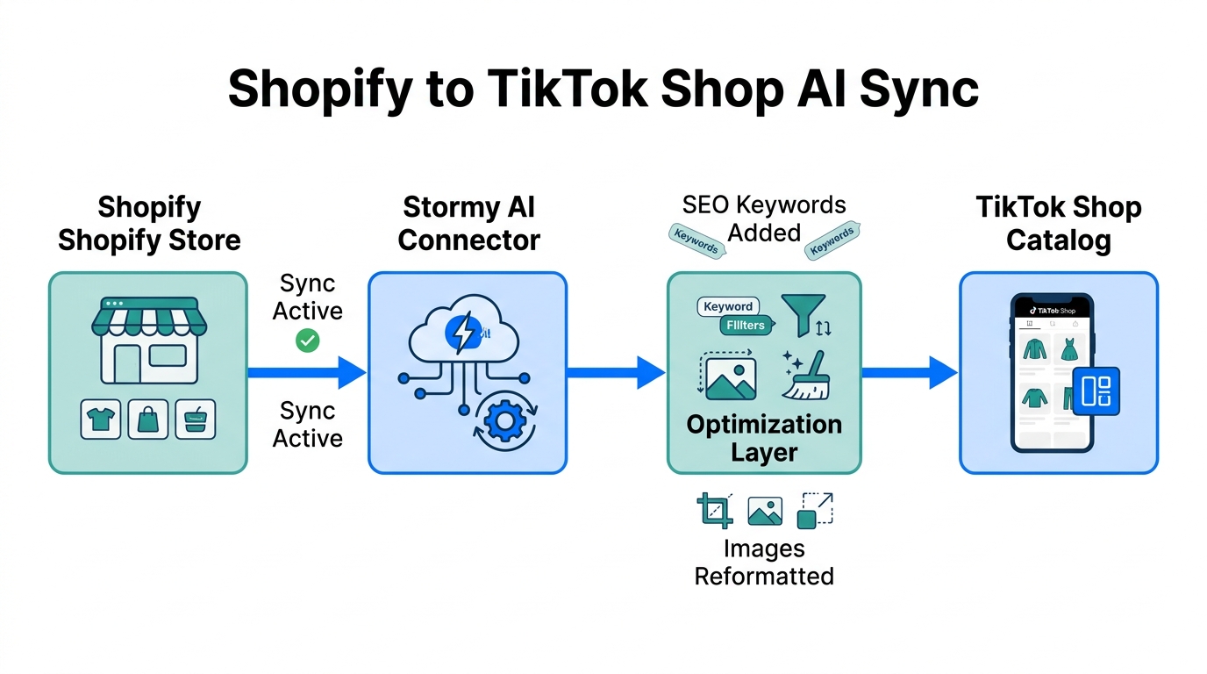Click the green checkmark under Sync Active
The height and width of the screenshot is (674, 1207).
308,341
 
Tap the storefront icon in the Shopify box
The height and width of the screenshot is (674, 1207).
149,342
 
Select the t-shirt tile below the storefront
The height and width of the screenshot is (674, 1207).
101,419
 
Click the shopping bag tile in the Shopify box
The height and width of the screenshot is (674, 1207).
148,419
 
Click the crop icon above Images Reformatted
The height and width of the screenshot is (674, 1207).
715,510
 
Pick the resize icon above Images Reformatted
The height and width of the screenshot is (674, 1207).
815,510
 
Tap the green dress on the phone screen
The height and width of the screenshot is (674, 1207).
1069,350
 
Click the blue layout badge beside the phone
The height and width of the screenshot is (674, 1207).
1096,391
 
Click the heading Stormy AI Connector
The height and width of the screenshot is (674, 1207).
468,224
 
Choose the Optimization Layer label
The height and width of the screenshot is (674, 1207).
764,438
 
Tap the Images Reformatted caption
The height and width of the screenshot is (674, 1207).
764,563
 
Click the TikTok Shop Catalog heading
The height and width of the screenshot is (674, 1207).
1059,224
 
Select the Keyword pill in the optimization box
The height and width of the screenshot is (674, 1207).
728,306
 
